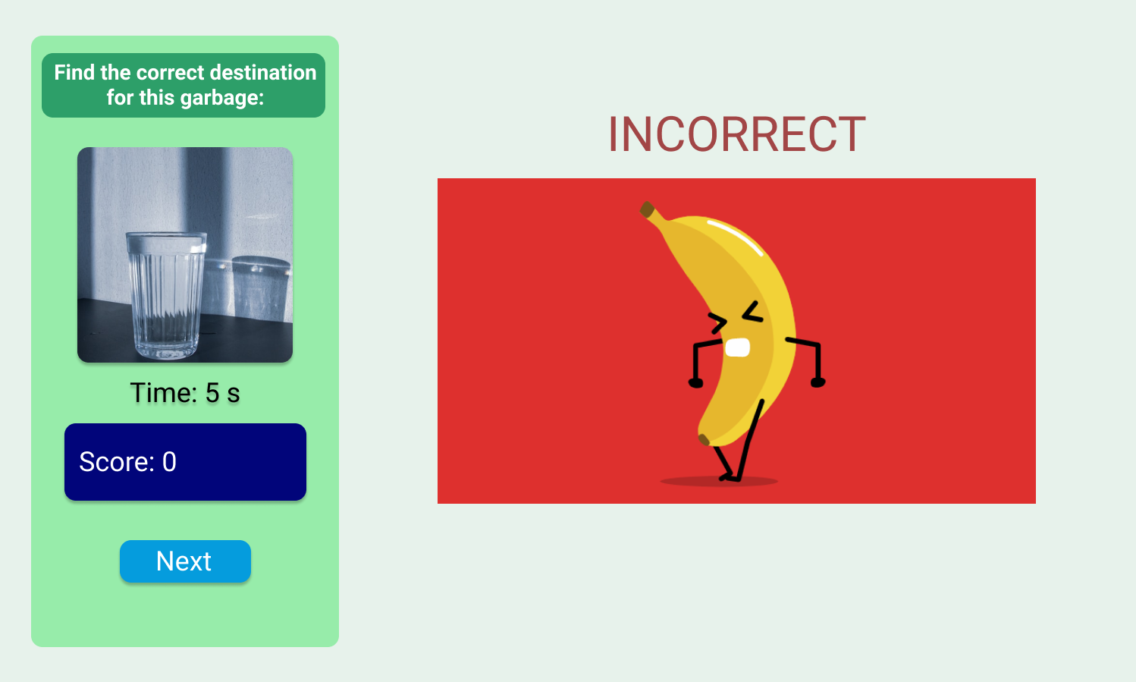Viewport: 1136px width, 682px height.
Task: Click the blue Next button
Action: coord(185,561)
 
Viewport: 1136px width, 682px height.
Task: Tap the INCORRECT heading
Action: coord(736,135)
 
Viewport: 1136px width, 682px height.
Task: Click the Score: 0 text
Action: coord(127,462)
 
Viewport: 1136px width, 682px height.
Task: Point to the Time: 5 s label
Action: coord(185,393)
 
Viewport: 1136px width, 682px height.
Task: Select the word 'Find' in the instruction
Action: coord(74,73)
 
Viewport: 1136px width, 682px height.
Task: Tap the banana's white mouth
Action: coord(737,347)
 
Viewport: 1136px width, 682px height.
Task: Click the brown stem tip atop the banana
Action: coord(647,209)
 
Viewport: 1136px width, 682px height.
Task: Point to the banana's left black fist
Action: coord(695,382)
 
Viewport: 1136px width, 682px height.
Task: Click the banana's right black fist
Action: coord(817,382)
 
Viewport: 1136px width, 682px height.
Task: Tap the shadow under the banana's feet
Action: coord(718,481)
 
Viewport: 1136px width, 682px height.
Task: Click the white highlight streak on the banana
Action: coord(735,236)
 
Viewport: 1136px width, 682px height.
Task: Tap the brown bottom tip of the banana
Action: coord(704,439)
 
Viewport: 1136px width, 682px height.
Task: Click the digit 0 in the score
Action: coord(169,462)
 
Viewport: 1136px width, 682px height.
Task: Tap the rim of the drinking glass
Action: coord(166,239)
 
